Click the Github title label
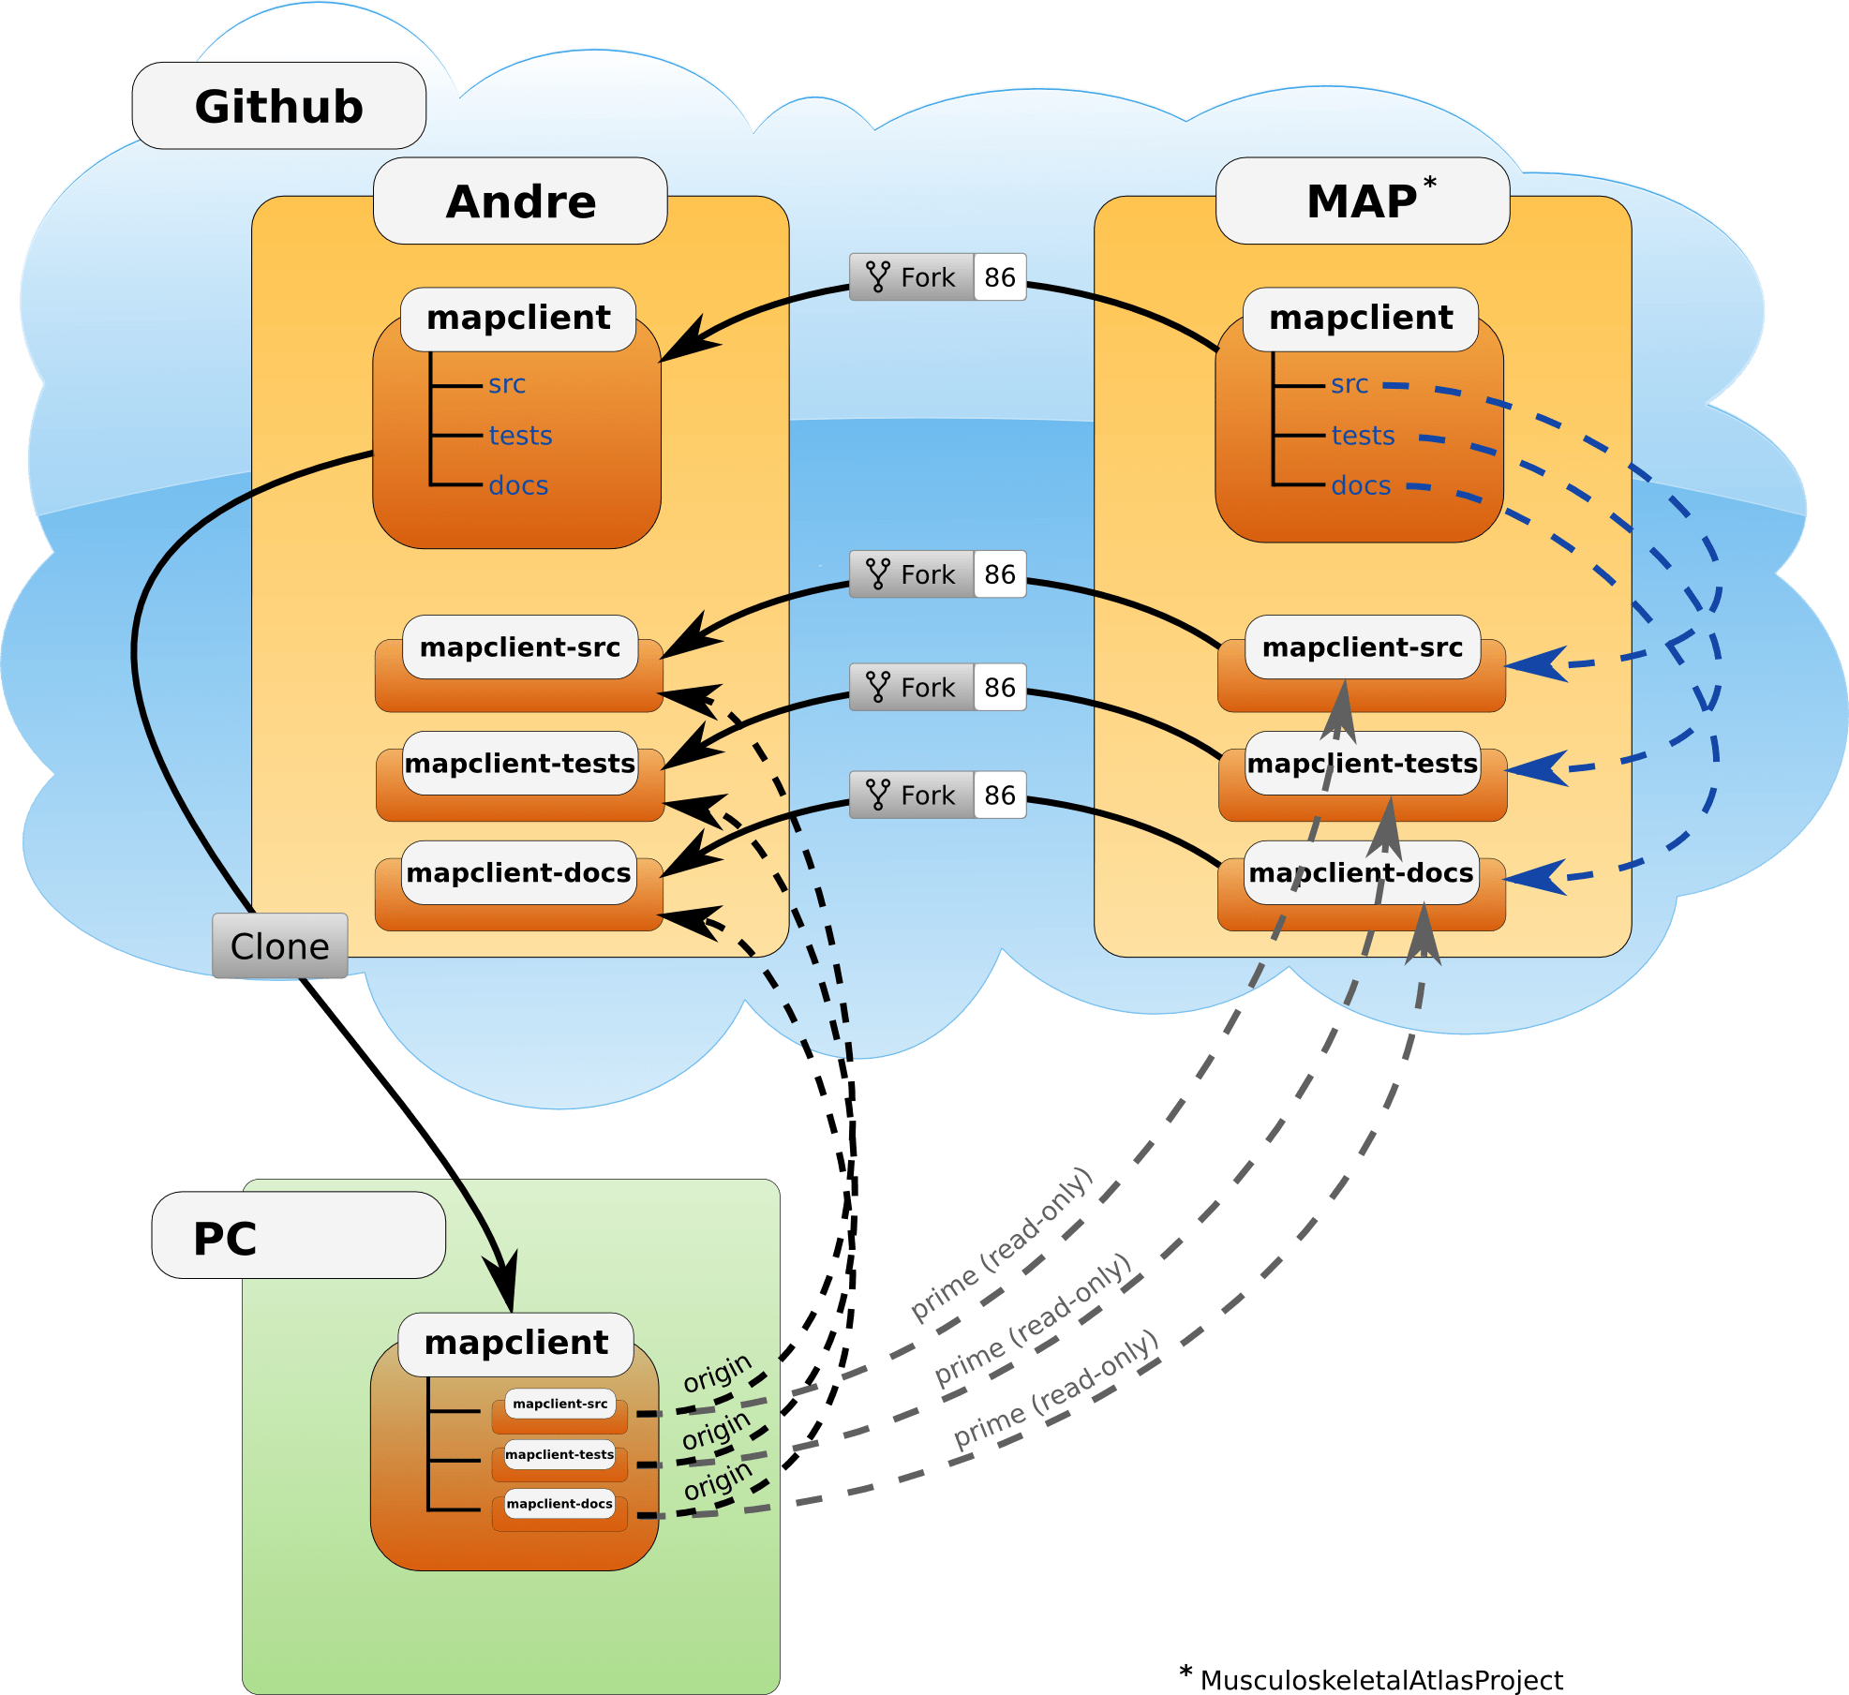pos(278,106)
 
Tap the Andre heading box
pos(520,201)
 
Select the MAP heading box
pos(1362,201)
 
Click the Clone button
pos(279,946)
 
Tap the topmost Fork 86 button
pos(937,277)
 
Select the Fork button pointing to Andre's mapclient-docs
pos(937,795)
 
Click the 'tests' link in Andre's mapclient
pos(520,436)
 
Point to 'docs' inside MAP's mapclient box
pos(1361,485)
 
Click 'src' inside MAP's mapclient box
pos(1349,384)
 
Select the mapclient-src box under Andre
pos(519,648)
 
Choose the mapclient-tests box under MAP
pos(1362,764)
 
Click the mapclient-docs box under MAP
pos(1361,873)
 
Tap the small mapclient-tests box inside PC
pos(559,1455)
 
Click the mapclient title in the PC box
pos(516,1343)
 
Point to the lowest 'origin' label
pos(718,1480)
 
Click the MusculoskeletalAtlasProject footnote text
pos(1381,1680)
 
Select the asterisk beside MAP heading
pos(1430,182)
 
